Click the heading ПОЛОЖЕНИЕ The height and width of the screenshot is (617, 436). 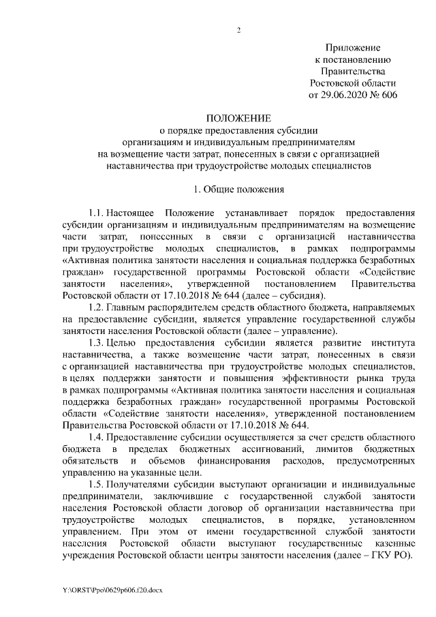(239, 118)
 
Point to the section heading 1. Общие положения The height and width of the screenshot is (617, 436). (239, 188)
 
